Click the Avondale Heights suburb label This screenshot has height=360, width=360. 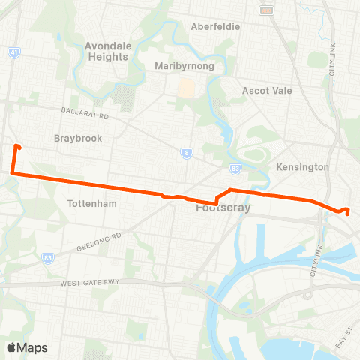[109, 51]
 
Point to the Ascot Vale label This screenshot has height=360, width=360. [266, 91]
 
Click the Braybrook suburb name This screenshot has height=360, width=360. [78, 139]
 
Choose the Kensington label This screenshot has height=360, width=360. [303, 167]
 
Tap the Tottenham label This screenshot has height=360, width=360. [89, 204]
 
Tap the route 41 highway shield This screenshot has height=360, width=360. [13, 52]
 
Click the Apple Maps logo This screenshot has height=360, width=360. [27, 347]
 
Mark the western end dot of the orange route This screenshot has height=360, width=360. [17, 147]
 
